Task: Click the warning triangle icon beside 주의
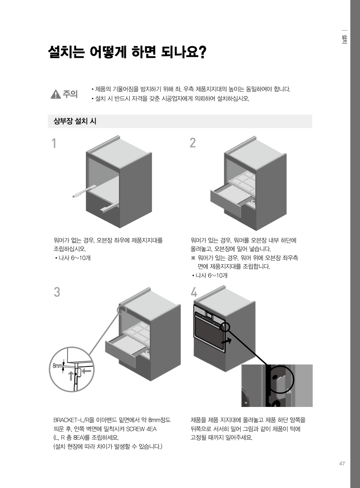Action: (56, 94)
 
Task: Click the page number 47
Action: (342, 463)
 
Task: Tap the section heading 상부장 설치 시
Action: (75, 121)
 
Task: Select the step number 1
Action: (54, 144)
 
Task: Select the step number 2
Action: (193, 143)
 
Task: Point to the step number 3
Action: (57, 292)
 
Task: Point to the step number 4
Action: (194, 292)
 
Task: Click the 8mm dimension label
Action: (57, 366)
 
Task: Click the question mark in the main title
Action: (202, 52)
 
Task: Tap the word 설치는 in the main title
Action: (66, 52)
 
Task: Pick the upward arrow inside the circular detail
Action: (71, 375)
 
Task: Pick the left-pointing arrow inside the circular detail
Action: (87, 371)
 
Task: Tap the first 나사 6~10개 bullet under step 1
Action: (72, 258)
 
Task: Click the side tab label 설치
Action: (344, 39)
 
